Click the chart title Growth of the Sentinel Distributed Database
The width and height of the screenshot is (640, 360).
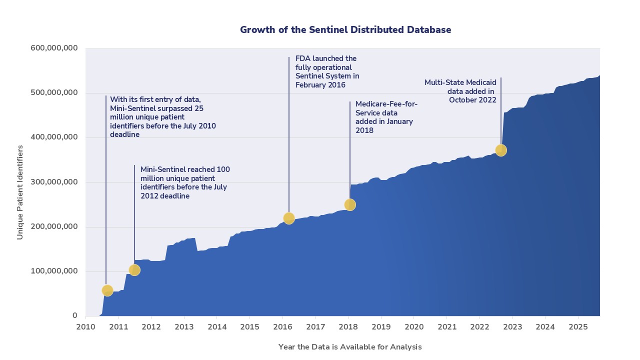345,29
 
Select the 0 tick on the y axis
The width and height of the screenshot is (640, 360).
74,316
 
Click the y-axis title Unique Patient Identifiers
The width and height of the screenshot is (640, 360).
20,192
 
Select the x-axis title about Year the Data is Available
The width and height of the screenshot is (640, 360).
350,346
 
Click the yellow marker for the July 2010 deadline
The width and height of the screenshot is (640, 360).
107,290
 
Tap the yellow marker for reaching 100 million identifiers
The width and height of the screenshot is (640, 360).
134,270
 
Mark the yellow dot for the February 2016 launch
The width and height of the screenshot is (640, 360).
288,218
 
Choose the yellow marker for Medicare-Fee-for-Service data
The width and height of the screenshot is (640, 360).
350,204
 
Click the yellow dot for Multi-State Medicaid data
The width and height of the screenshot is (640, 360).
501,150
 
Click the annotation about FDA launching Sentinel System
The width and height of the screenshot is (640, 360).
327,71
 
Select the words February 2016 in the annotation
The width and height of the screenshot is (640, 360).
320,85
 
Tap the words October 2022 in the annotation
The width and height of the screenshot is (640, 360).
472,99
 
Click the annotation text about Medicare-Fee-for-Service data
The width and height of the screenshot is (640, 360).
386,117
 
